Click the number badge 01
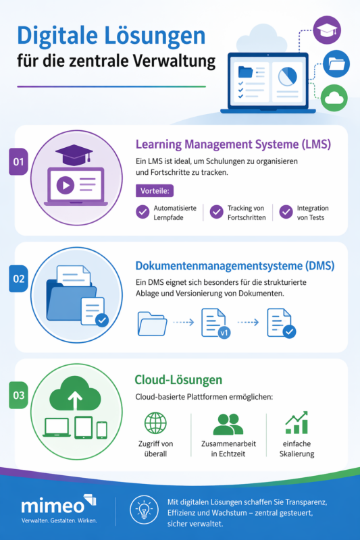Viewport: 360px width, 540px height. click(x=18, y=162)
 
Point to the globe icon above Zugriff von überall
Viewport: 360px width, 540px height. click(x=155, y=423)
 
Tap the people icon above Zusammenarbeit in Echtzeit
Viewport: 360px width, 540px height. click(x=228, y=424)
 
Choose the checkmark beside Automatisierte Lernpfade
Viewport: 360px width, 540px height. click(x=143, y=212)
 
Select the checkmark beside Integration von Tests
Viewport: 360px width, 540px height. click(x=286, y=212)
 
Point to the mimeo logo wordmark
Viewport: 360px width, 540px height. click(x=54, y=505)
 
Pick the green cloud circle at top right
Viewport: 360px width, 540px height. click(x=334, y=99)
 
